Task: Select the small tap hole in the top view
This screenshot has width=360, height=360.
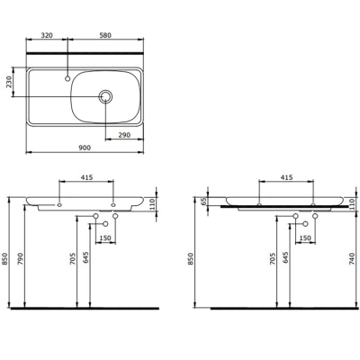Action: (67, 77)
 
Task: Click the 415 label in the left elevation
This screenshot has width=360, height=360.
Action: (86, 179)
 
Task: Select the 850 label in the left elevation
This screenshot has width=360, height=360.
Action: (8, 260)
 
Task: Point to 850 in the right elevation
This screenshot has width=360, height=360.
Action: (191, 260)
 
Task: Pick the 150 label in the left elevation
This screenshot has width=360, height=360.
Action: (105, 238)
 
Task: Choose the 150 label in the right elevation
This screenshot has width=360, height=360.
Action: (305, 238)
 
